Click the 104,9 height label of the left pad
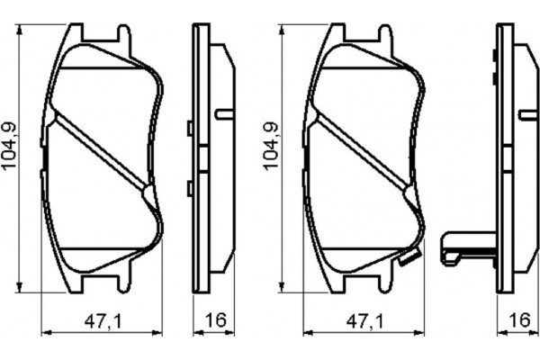click(x=10, y=149)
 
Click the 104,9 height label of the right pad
click(x=268, y=149)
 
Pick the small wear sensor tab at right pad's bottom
click(x=407, y=260)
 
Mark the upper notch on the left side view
click(x=189, y=129)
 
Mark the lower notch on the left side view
click(x=189, y=188)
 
